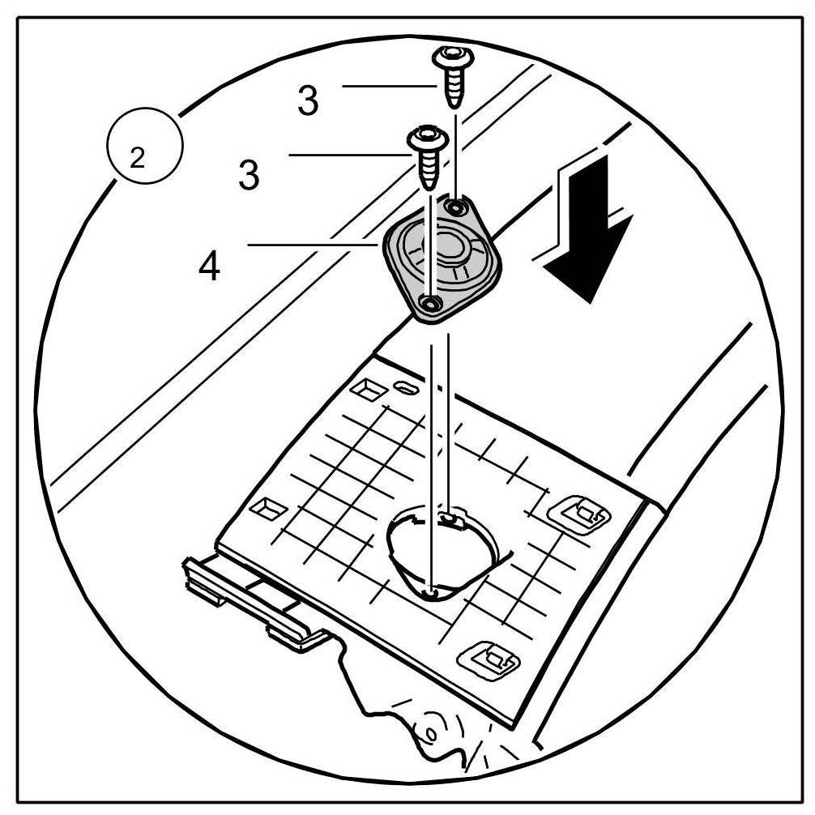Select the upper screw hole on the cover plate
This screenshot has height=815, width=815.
coord(459,207)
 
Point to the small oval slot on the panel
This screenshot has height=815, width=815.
coord(403,387)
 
